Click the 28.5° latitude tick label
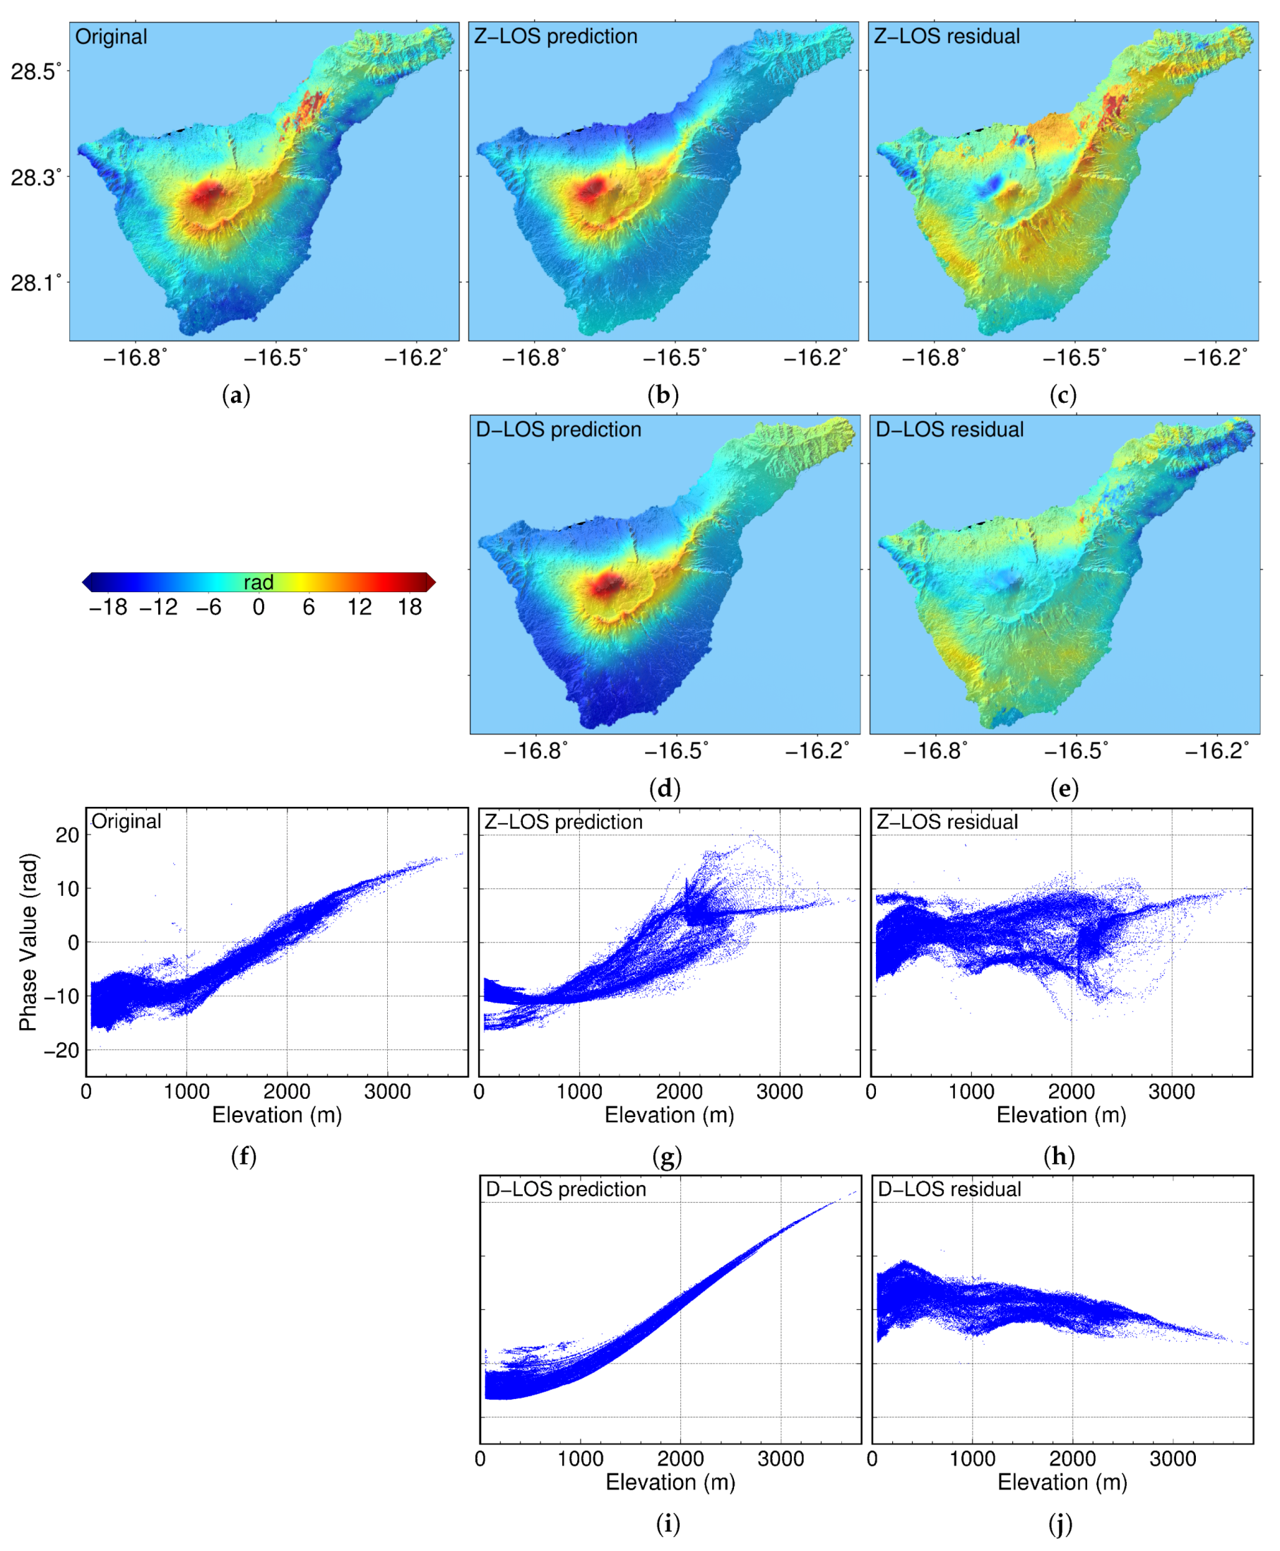point(35,71)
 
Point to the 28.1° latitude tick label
point(35,283)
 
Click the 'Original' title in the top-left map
point(112,37)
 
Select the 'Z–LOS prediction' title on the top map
point(555,36)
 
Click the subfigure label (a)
point(236,396)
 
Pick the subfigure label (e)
point(1064,789)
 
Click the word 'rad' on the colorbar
point(258,582)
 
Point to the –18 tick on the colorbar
point(108,607)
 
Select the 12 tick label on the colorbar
point(359,607)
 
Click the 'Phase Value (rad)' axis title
point(28,942)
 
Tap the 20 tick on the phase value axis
point(67,835)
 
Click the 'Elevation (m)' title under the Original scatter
point(276,1114)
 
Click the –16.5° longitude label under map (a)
point(275,358)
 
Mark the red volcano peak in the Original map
point(208,196)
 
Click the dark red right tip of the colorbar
point(431,582)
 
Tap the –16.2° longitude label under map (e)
point(1216,751)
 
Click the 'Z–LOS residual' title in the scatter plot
point(947,822)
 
